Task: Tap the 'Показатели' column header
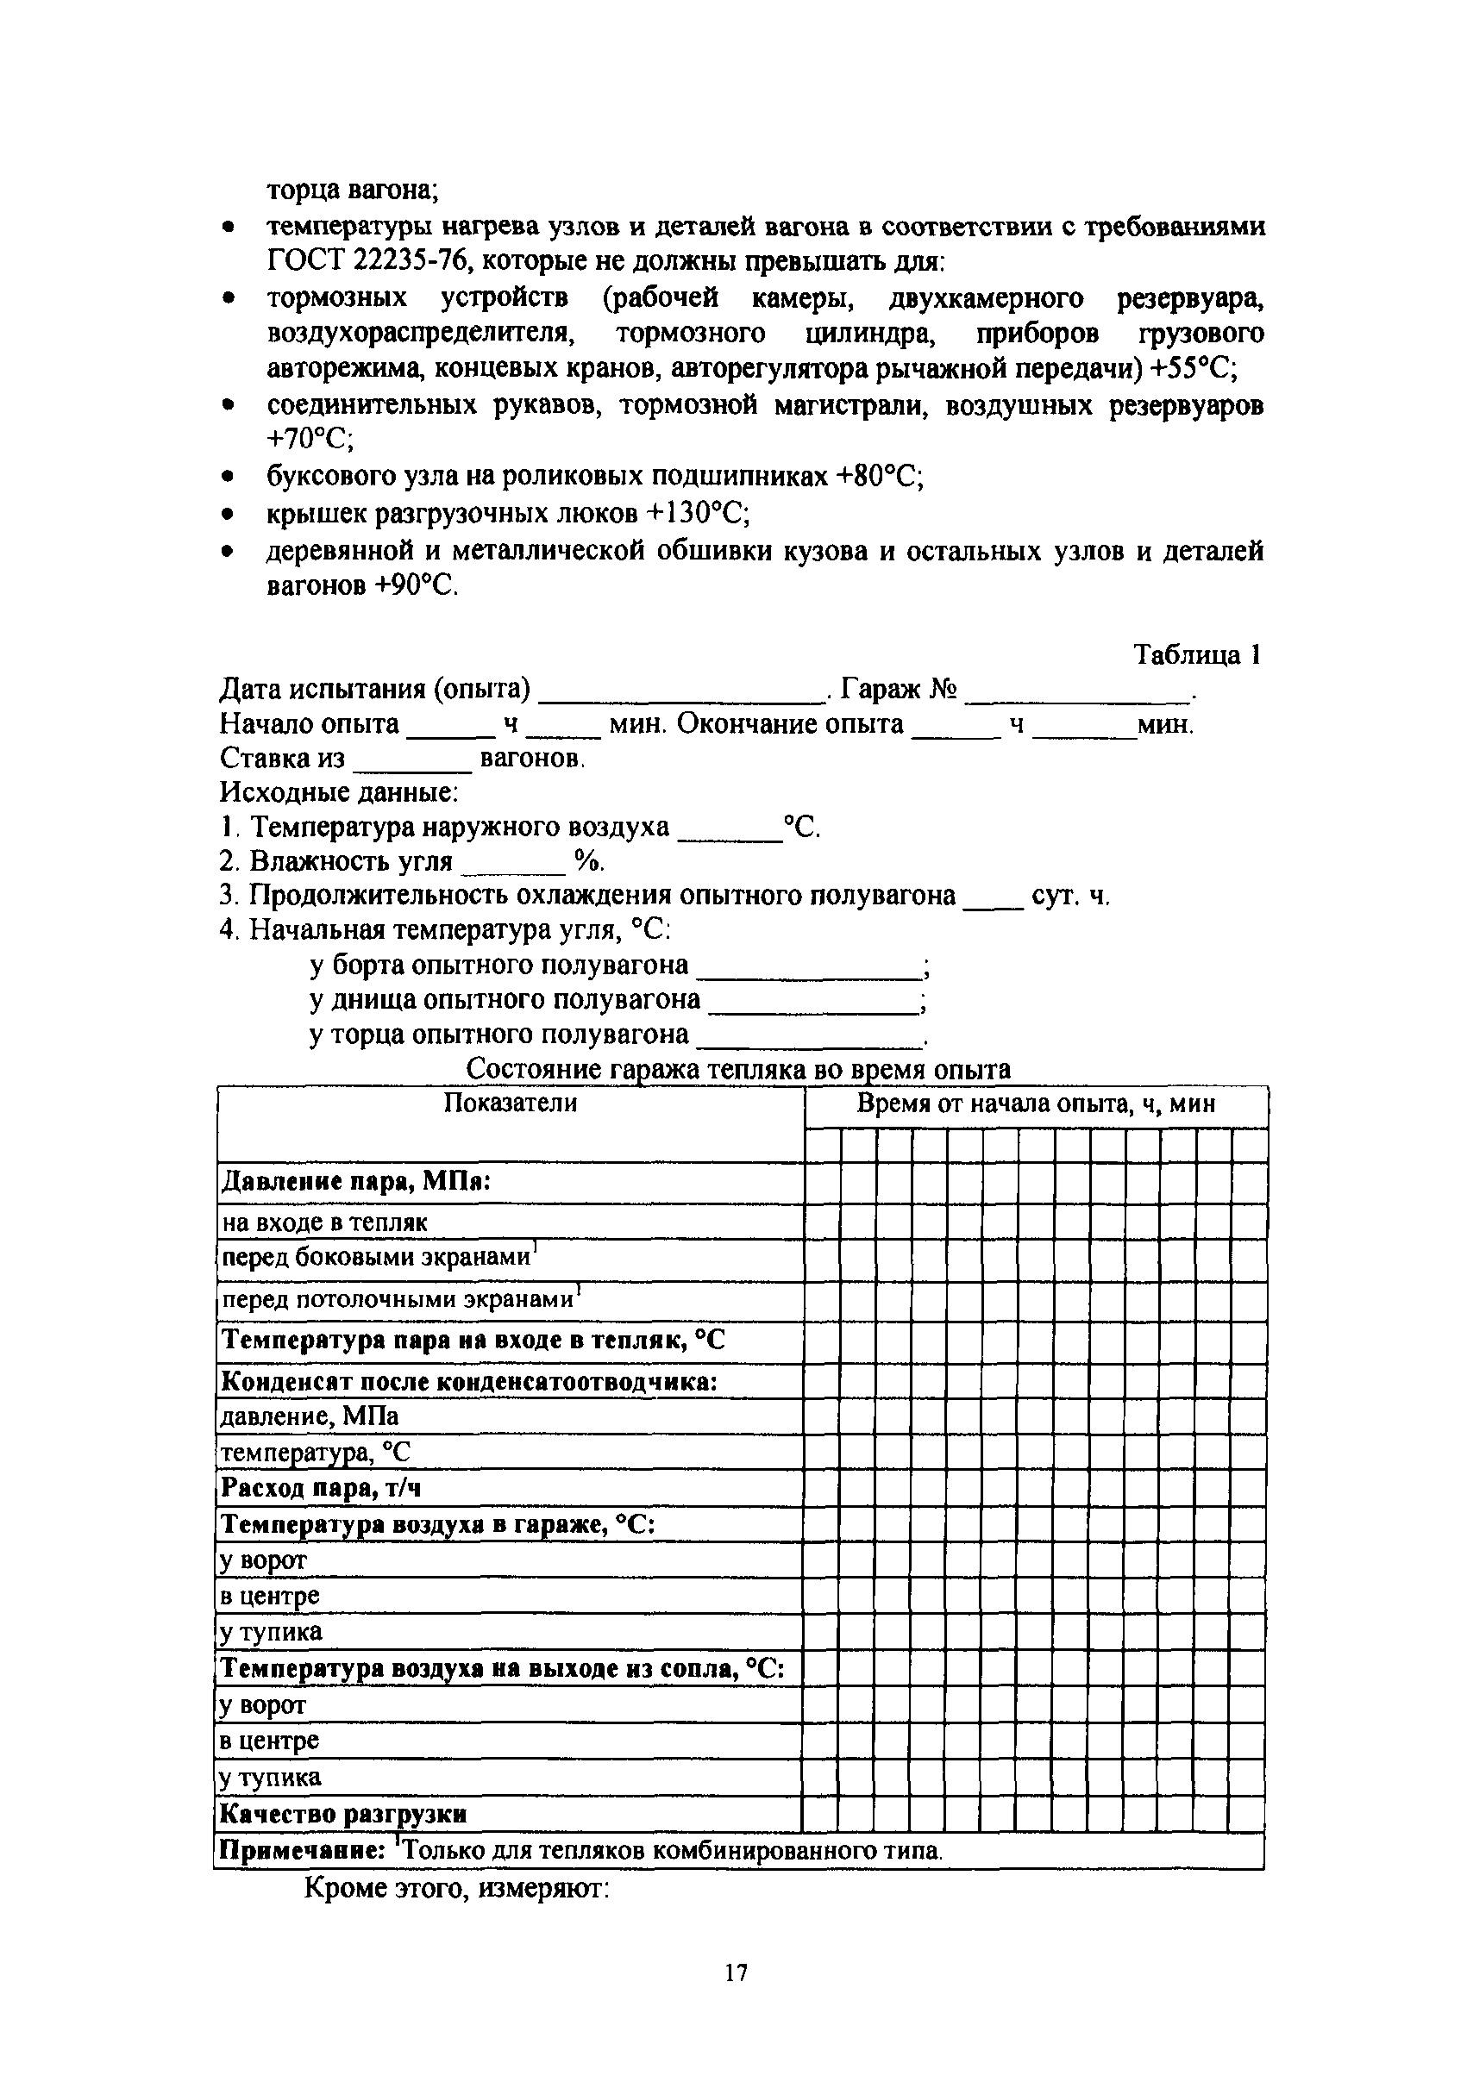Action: point(511,1103)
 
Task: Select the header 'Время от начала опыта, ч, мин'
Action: point(1036,1104)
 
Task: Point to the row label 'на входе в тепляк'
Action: point(323,1222)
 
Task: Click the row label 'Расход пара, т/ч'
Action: point(321,1488)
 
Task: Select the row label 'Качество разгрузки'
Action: point(344,1814)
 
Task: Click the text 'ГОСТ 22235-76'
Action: point(367,262)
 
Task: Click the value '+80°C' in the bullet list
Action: point(879,477)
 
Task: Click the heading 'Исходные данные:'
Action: point(338,792)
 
